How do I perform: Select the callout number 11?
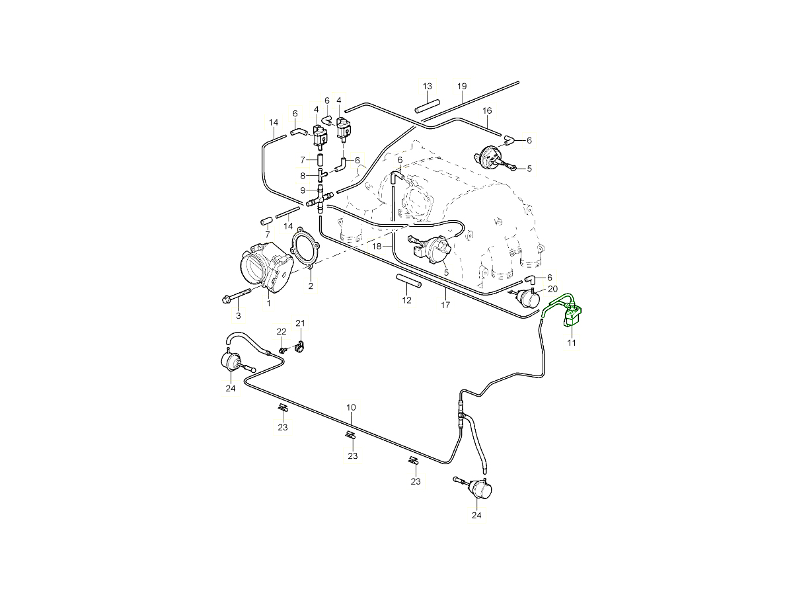pyautogui.click(x=571, y=342)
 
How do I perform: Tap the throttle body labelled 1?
pyautogui.click(x=268, y=267)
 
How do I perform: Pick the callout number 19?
pyautogui.click(x=462, y=87)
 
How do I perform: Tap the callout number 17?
pyautogui.click(x=445, y=305)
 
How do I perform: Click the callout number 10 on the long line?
pyautogui.click(x=351, y=407)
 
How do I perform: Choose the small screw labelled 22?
pyautogui.click(x=283, y=350)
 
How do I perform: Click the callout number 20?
pyautogui.click(x=552, y=289)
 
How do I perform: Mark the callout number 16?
pyautogui.click(x=487, y=110)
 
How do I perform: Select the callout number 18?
pyautogui.click(x=377, y=247)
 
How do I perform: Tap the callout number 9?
pyautogui.click(x=303, y=190)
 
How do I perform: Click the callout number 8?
pyautogui.click(x=303, y=176)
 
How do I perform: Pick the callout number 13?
pyautogui.click(x=427, y=87)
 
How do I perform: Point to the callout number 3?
pyautogui.click(x=238, y=315)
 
